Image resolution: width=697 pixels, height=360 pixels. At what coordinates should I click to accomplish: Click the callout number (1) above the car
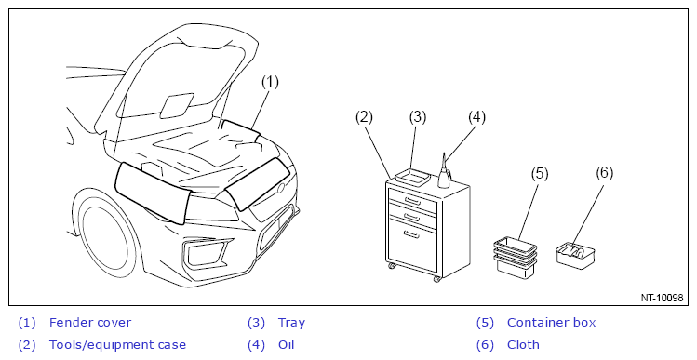(270, 82)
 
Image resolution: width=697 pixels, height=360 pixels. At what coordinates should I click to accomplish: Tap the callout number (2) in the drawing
(364, 117)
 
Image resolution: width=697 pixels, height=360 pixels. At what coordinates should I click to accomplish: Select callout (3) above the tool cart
(418, 117)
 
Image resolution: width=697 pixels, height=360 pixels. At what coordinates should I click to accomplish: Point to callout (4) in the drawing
(476, 117)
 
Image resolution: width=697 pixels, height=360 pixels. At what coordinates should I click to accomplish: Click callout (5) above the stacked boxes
(540, 173)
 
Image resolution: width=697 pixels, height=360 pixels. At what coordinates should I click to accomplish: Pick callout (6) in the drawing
(605, 172)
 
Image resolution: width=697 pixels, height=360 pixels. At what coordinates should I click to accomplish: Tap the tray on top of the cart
(412, 177)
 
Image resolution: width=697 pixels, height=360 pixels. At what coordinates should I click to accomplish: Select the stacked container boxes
(516, 258)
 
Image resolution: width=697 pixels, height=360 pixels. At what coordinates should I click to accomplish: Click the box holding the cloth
(576, 255)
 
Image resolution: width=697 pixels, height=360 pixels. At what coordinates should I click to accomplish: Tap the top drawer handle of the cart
(412, 202)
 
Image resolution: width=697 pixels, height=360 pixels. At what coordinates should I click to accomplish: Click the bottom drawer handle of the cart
(411, 234)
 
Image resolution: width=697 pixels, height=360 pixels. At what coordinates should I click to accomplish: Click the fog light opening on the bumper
(206, 254)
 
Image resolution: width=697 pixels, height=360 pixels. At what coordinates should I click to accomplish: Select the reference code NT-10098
(662, 298)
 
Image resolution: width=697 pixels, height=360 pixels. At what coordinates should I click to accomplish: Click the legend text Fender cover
(90, 322)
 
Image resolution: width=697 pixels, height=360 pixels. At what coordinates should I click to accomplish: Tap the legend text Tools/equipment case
(117, 345)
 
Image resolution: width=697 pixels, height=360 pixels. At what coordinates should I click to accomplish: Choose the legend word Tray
(291, 323)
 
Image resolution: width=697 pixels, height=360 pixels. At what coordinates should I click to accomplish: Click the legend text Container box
(551, 322)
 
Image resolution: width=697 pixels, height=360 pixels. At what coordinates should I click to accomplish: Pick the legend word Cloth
(523, 344)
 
